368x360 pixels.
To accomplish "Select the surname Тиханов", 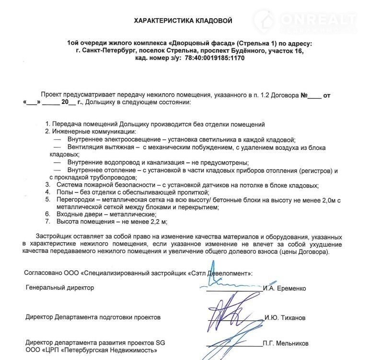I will (290, 318).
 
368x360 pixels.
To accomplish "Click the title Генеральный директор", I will (60, 288).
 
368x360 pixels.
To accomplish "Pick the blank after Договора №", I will (314, 96).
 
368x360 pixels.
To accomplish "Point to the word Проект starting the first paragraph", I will (52, 96).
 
